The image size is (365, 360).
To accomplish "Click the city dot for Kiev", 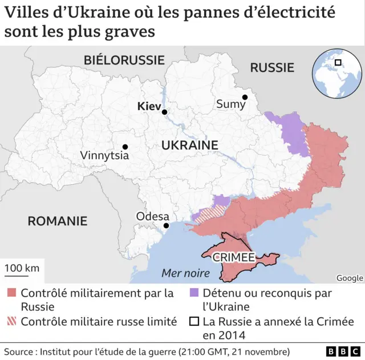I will pyautogui.click(x=164, y=113).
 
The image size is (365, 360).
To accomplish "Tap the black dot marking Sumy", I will pyautogui.click(x=244, y=97).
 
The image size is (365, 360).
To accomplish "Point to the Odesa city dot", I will pyautogui.click(x=166, y=226).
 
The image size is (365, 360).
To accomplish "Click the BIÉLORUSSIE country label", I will pyautogui.click(x=124, y=60).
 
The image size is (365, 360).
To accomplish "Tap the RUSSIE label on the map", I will pyautogui.click(x=272, y=68).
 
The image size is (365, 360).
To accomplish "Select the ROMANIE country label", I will pyautogui.click(x=58, y=221).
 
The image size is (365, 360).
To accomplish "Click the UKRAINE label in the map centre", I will pyautogui.click(x=190, y=145).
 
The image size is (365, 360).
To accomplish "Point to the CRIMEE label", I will pyautogui.click(x=233, y=257).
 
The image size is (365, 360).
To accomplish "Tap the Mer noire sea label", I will pyautogui.click(x=185, y=273).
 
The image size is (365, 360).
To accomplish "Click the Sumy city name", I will pyautogui.click(x=230, y=104).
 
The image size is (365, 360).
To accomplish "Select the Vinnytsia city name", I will pyautogui.click(x=104, y=155).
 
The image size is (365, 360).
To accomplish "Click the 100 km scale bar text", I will pyautogui.click(x=23, y=268).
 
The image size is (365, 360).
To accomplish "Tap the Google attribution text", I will pyautogui.click(x=349, y=278).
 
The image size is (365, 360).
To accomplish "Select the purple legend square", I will pyautogui.click(x=193, y=293).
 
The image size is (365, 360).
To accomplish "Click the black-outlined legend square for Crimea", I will pyautogui.click(x=193, y=321).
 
